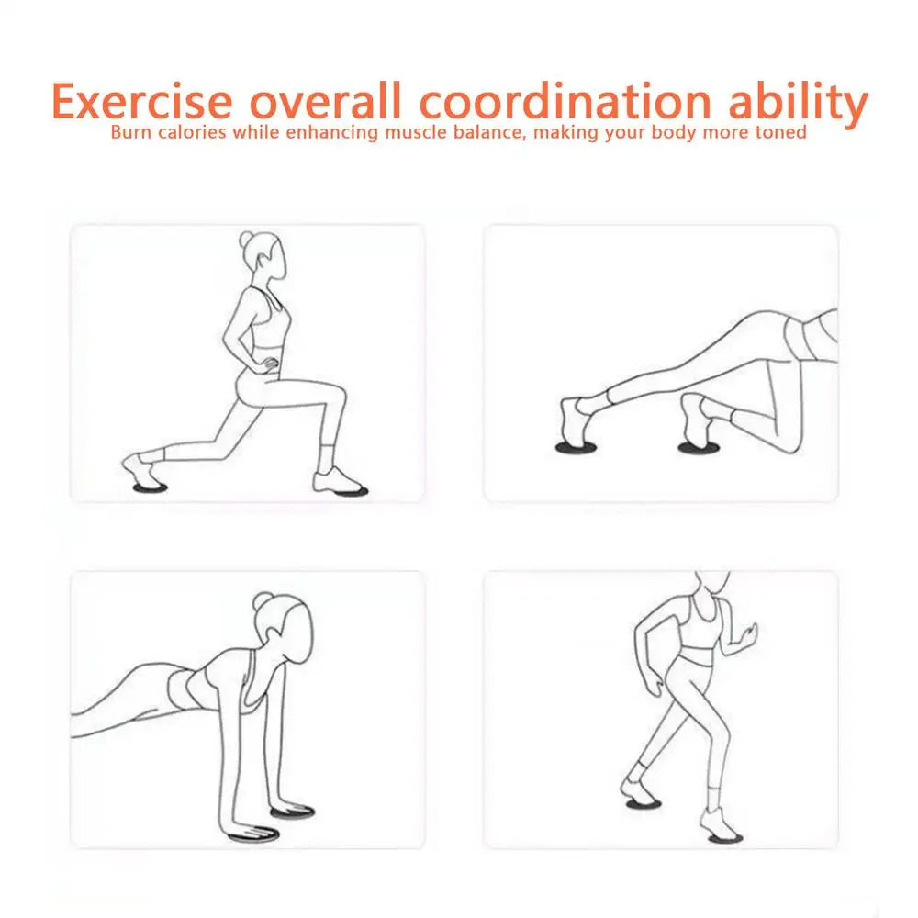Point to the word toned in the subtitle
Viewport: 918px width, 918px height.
pyautogui.click(x=779, y=132)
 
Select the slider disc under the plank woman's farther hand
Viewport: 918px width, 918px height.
pyautogui.click(x=292, y=812)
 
